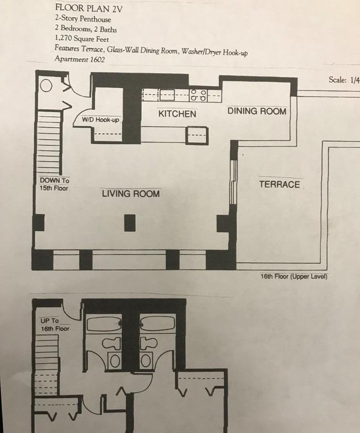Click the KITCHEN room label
pyautogui.click(x=177, y=114)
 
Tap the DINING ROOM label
pyautogui.click(x=257, y=111)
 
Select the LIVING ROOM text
pyautogui.click(x=131, y=193)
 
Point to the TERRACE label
pyautogui.click(x=280, y=185)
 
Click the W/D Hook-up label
pyautogui.click(x=100, y=120)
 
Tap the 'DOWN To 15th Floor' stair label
pyautogui.click(x=54, y=184)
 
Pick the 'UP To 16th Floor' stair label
pyautogui.click(x=55, y=325)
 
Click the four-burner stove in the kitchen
pyautogui.click(x=199, y=95)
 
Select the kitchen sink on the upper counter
pyautogui.click(x=167, y=95)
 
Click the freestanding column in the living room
pyautogui.click(x=130, y=223)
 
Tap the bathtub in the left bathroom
pyautogui.click(x=104, y=324)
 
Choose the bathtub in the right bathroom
pyautogui.click(x=157, y=323)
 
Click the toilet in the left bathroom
pyautogui.click(x=112, y=343)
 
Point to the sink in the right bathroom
pyautogui.click(x=146, y=360)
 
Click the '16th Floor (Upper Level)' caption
pyautogui.click(x=294, y=277)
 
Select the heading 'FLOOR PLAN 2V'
pyautogui.click(x=89, y=8)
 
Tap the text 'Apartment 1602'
pyautogui.click(x=79, y=59)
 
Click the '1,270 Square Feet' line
pyautogui.click(x=82, y=38)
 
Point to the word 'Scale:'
pyautogui.click(x=338, y=80)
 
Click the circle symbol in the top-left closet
pyautogui.click(x=46, y=85)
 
